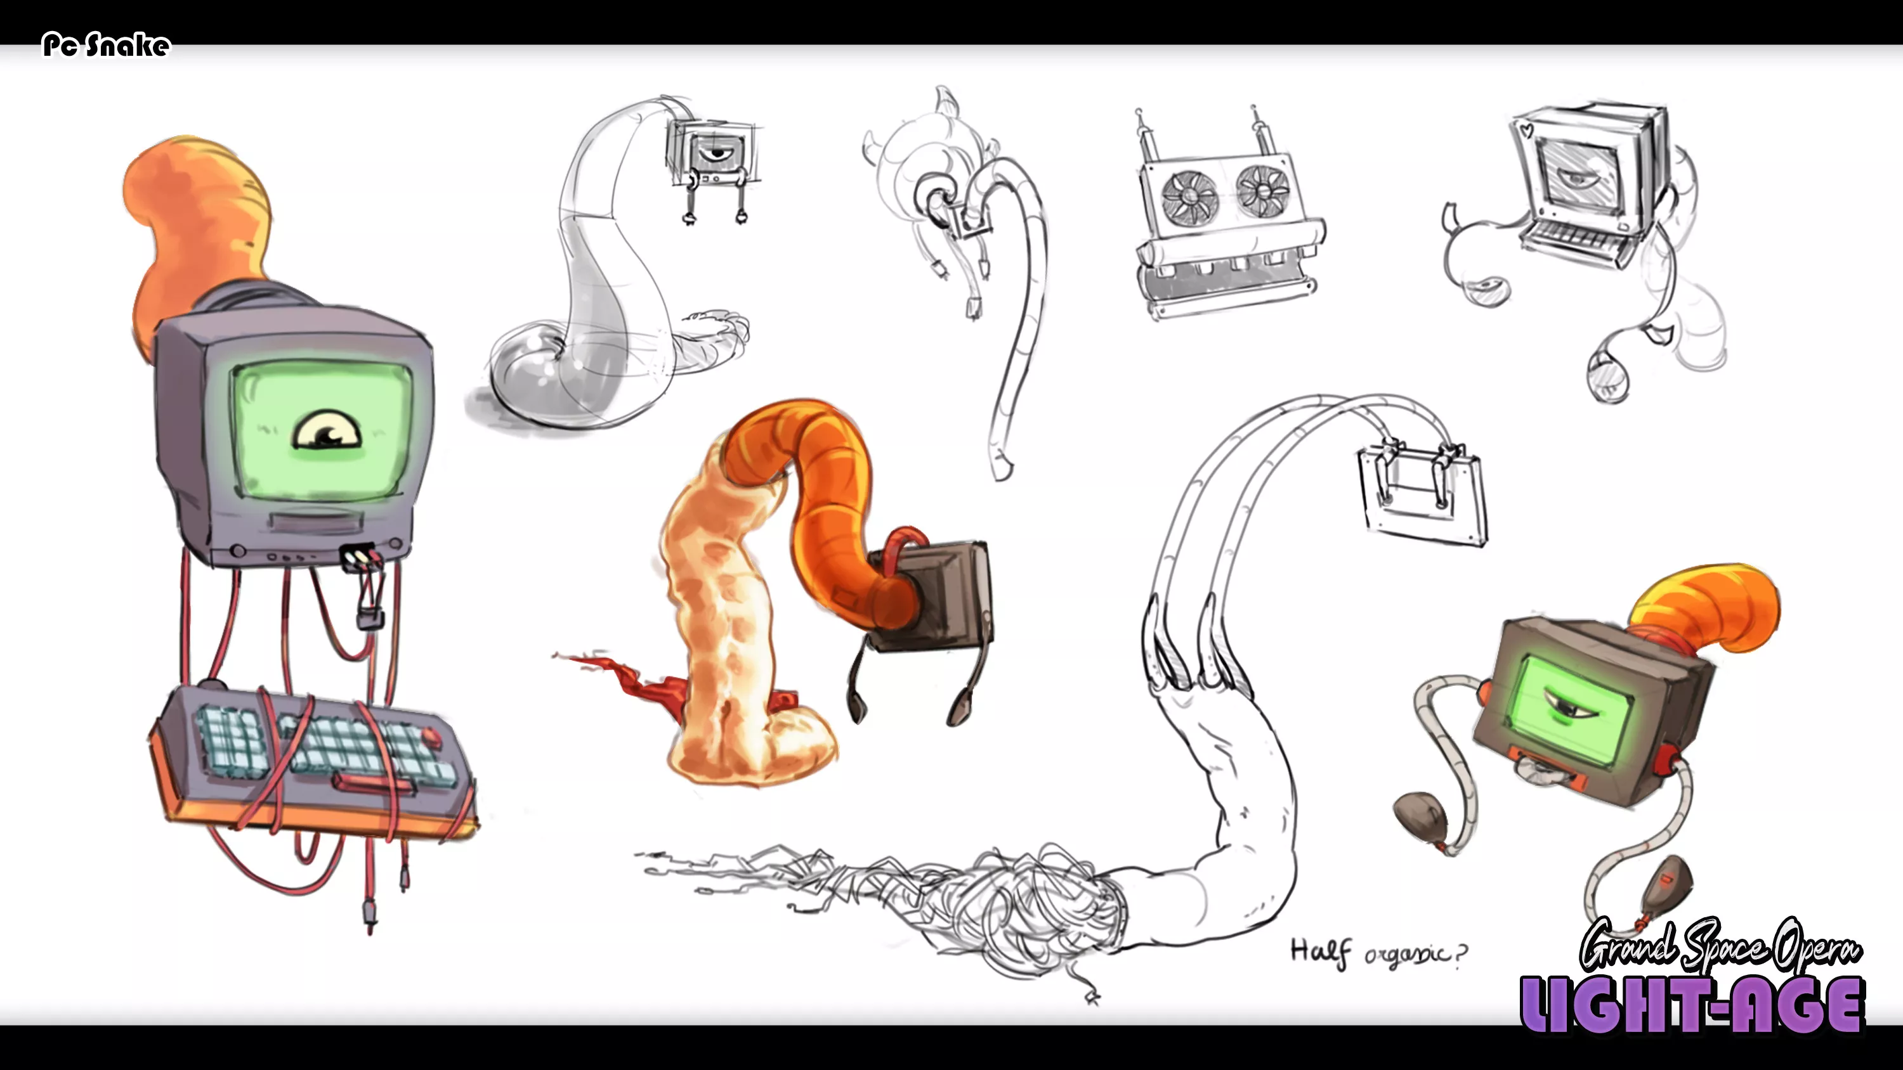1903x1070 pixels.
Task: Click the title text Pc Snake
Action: pyautogui.click(x=107, y=45)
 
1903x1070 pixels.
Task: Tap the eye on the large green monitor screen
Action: pyautogui.click(x=327, y=431)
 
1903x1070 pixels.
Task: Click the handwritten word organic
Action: pyautogui.click(x=1408, y=953)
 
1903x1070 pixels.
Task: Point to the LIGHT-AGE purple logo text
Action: pyautogui.click(x=1692, y=1004)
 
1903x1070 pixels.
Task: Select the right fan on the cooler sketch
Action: pyautogui.click(x=1262, y=191)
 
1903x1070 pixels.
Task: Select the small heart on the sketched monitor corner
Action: pyautogui.click(x=1526, y=131)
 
